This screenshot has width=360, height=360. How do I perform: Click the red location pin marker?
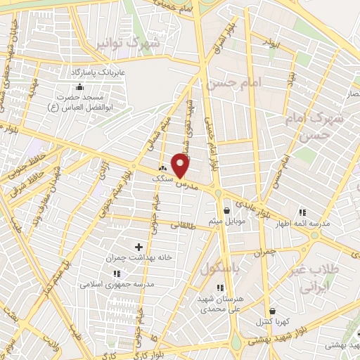181,166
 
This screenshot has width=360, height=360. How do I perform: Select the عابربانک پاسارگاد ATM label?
97,72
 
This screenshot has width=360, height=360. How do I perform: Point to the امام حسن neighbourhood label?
233,84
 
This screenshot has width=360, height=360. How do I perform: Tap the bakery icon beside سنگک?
164,169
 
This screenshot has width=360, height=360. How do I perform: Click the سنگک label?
162,179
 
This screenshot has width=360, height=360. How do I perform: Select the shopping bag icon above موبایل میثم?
226,210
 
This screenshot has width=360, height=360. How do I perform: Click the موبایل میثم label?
226,221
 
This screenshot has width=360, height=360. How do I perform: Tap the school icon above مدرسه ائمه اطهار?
303,212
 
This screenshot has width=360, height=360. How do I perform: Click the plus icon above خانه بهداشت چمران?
138,247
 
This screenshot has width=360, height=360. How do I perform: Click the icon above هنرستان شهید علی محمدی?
221,287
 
